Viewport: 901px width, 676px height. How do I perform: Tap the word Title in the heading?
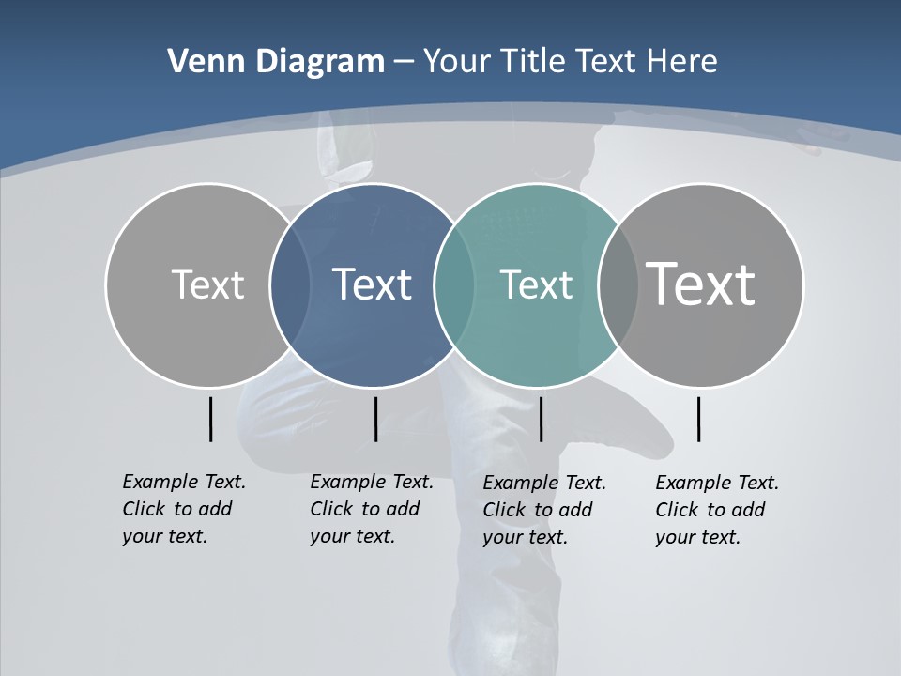click(x=533, y=62)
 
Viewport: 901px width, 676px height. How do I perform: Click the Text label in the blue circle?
click(x=372, y=284)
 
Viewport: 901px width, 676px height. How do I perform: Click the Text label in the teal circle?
click(x=536, y=284)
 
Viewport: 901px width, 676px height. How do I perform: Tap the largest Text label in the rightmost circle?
click(x=700, y=284)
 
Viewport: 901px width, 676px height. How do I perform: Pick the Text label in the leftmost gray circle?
click(x=207, y=284)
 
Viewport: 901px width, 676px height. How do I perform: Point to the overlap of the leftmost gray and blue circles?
click(x=290, y=284)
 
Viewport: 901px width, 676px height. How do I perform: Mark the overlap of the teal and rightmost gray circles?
click(x=618, y=284)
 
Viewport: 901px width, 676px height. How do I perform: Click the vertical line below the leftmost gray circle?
click(x=210, y=419)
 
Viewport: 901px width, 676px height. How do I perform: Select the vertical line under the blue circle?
click(x=375, y=419)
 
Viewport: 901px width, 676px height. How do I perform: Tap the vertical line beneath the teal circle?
click(x=541, y=419)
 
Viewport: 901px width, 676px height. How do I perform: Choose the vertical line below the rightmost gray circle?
click(x=698, y=419)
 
